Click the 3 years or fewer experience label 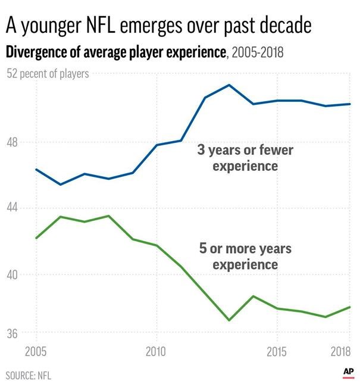click(245, 158)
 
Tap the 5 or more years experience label click(245, 255)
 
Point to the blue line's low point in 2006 click(60, 185)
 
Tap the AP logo click(348, 372)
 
